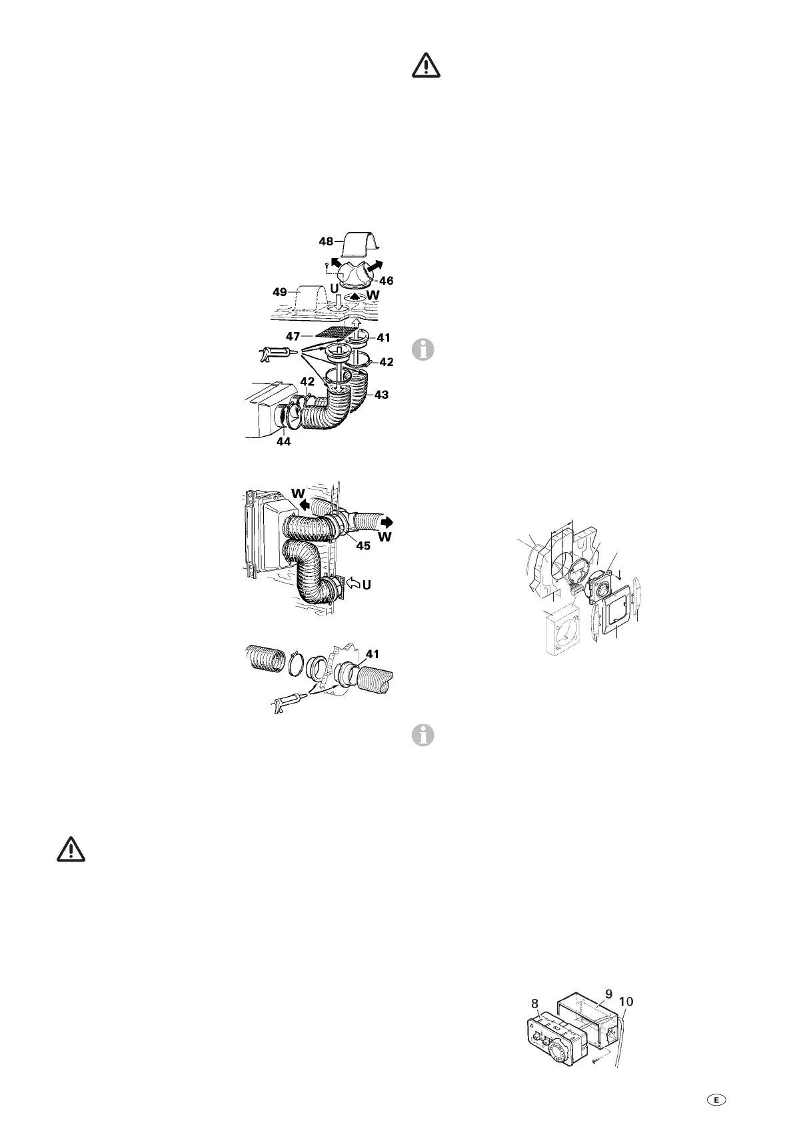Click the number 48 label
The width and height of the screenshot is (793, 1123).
pyautogui.click(x=325, y=242)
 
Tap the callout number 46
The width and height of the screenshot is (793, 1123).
pyautogui.click(x=386, y=281)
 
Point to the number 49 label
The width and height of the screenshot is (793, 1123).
pyautogui.click(x=280, y=292)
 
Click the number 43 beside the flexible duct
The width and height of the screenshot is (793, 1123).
pyautogui.click(x=381, y=395)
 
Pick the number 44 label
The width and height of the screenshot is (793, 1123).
pyautogui.click(x=283, y=441)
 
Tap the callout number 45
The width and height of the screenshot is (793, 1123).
pyautogui.click(x=363, y=545)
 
